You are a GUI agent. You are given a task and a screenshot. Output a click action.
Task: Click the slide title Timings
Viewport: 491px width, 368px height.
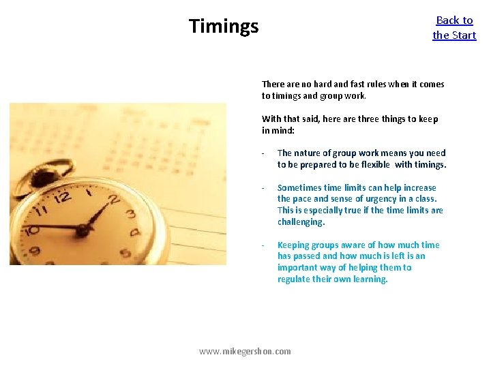click(x=224, y=27)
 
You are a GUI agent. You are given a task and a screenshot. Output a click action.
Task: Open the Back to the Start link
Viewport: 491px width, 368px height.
click(x=454, y=28)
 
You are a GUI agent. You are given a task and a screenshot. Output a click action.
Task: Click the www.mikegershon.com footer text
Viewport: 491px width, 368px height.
click(x=245, y=352)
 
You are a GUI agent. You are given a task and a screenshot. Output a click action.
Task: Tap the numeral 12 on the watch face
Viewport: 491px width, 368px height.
click(x=63, y=198)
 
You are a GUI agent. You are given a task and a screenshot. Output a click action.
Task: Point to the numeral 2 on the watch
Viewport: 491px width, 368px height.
click(x=113, y=200)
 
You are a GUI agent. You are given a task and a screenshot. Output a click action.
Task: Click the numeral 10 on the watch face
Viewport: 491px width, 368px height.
click(x=31, y=230)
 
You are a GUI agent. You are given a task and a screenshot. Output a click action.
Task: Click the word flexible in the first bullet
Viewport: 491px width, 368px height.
click(x=372, y=165)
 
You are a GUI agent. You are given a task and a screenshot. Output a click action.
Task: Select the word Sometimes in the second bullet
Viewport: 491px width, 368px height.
click(x=299, y=188)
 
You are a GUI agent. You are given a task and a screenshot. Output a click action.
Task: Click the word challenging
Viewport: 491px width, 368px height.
click(x=301, y=222)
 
